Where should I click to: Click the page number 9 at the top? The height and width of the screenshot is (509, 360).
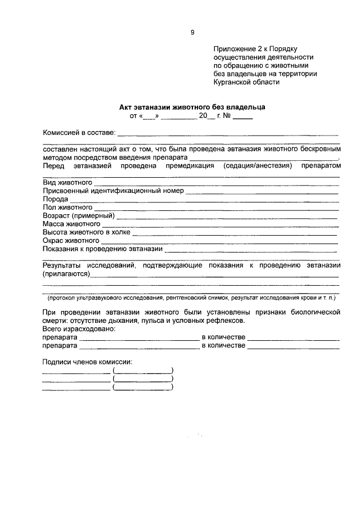tap(192, 33)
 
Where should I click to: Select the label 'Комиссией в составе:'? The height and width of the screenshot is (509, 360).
tap(79, 133)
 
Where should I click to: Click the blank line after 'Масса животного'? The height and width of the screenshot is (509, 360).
tap(219, 224)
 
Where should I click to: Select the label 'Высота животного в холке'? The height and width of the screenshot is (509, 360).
tap(87, 232)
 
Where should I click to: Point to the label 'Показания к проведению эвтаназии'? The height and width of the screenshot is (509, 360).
tap(102, 248)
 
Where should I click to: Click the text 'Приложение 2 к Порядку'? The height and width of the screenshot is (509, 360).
tap(258, 49)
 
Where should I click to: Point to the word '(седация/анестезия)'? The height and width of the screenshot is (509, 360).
tap(258, 166)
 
